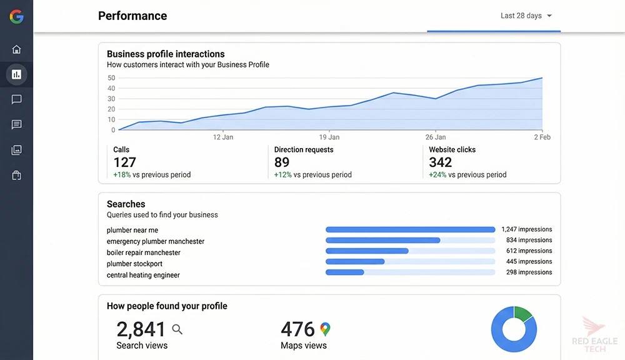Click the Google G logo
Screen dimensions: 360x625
click(x=16, y=17)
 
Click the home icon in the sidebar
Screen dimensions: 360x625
click(x=16, y=49)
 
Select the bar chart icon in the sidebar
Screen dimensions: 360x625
click(x=16, y=74)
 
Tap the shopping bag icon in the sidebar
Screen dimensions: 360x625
click(x=16, y=176)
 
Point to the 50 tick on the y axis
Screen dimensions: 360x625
click(x=111, y=78)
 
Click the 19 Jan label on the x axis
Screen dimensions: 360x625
click(x=329, y=137)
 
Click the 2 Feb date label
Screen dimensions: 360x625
click(x=542, y=137)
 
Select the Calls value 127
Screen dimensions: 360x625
click(x=124, y=162)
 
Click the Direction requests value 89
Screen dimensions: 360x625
click(x=282, y=162)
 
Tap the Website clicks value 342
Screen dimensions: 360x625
click(x=440, y=162)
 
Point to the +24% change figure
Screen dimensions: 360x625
click(x=437, y=175)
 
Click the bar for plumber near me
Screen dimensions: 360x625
click(x=410, y=230)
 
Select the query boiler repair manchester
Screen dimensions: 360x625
click(x=143, y=252)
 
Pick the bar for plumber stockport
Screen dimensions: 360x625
click(x=355, y=262)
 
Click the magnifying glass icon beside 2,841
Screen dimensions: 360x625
click(x=177, y=329)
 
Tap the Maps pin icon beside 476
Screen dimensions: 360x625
click(x=325, y=329)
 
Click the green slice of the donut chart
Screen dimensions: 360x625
click(x=523, y=312)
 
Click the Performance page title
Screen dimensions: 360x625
click(x=132, y=16)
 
